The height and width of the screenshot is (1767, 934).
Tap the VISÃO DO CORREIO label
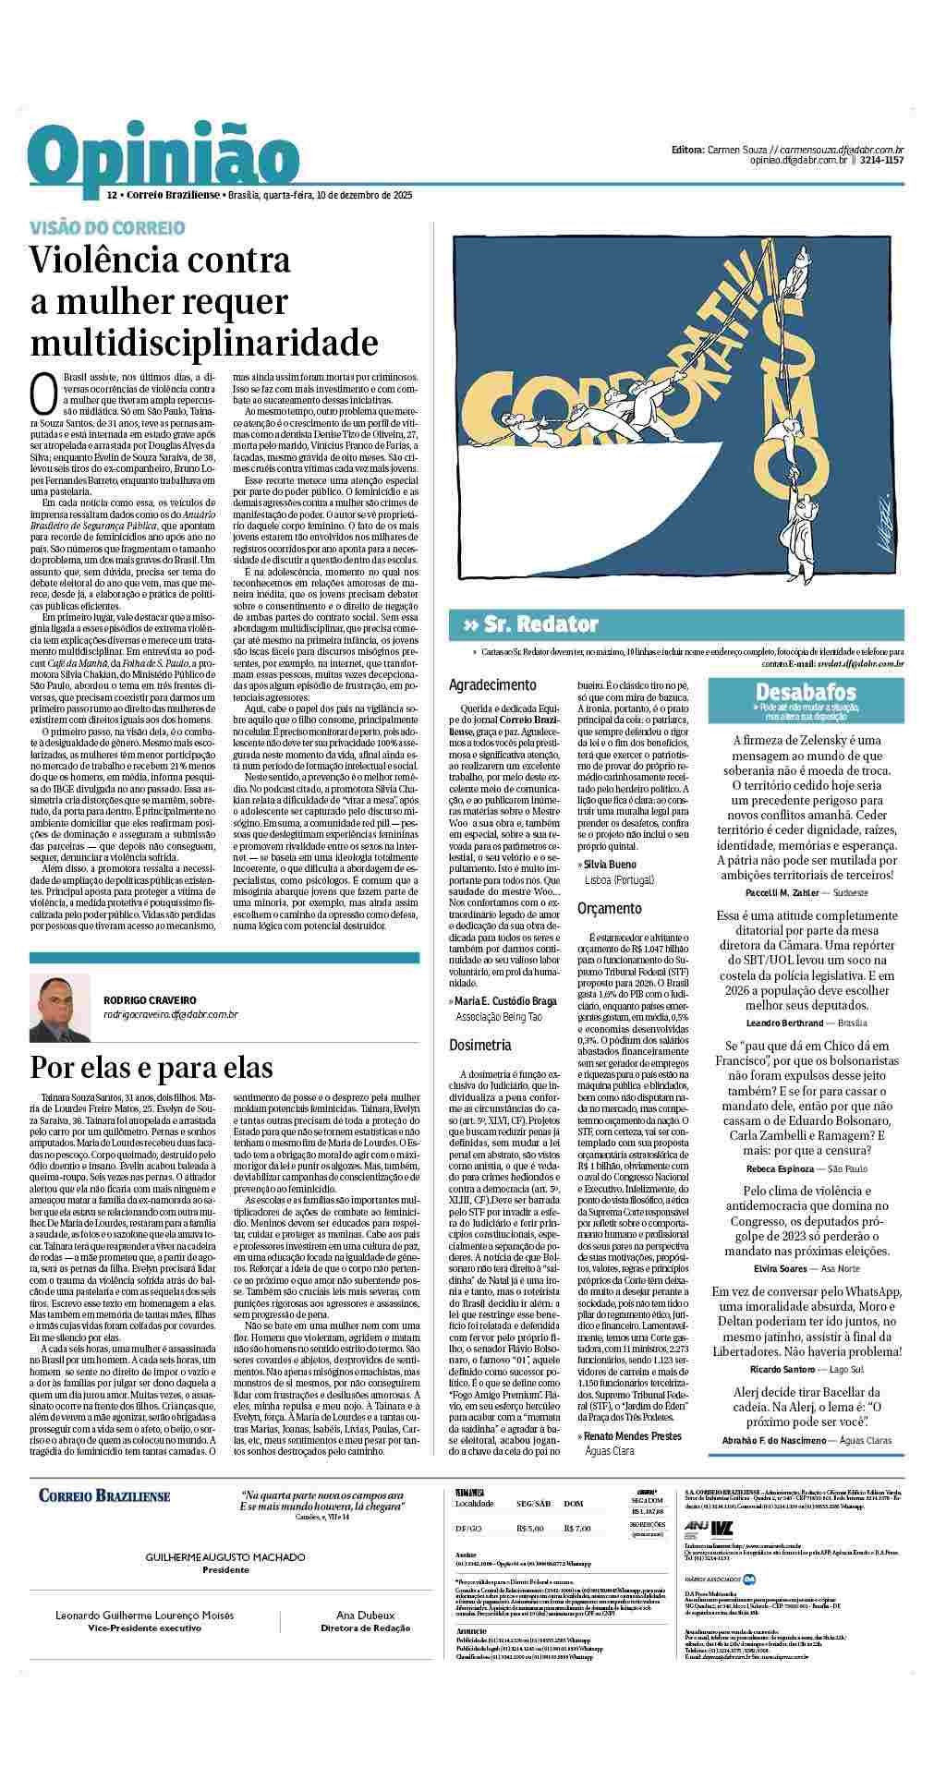(x=107, y=227)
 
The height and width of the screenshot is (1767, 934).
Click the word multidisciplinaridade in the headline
(x=204, y=343)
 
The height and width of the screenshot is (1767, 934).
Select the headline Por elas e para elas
(x=152, y=1067)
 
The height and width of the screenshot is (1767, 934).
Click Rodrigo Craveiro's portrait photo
(x=60, y=1008)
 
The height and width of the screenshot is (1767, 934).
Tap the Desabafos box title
(x=806, y=691)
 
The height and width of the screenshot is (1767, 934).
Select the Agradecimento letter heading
(x=492, y=685)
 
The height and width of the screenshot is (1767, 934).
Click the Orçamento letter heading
(x=610, y=908)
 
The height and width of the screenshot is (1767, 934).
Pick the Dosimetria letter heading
(x=480, y=1045)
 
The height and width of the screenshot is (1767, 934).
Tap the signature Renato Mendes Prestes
(x=629, y=1435)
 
